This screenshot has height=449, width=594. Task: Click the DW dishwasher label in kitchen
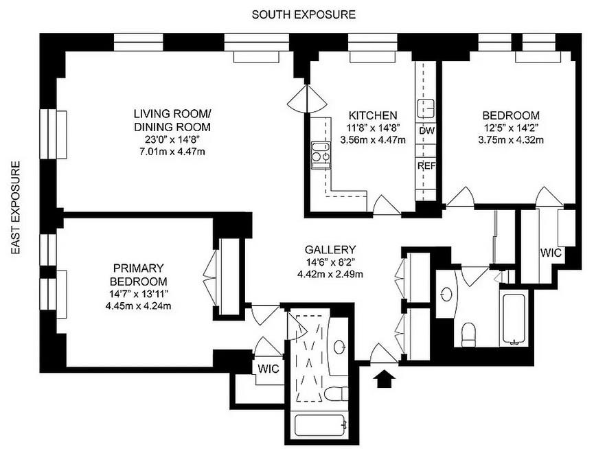pyautogui.click(x=426, y=130)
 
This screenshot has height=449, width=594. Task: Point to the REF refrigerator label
pyautogui.click(x=426, y=166)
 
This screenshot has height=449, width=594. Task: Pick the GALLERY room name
pyautogui.click(x=330, y=250)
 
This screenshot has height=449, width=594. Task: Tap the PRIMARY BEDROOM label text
pyautogui.click(x=140, y=275)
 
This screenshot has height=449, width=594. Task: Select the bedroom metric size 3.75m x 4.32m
pyautogui.click(x=510, y=141)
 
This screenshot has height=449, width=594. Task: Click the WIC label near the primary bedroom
pyautogui.click(x=268, y=368)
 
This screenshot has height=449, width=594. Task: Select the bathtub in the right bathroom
pyautogui.click(x=514, y=320)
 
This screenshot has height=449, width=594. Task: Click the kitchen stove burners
pyautogui.click(x=319, y=154)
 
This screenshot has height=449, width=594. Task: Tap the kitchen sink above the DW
pyautogui.click(x=426, y=107)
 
